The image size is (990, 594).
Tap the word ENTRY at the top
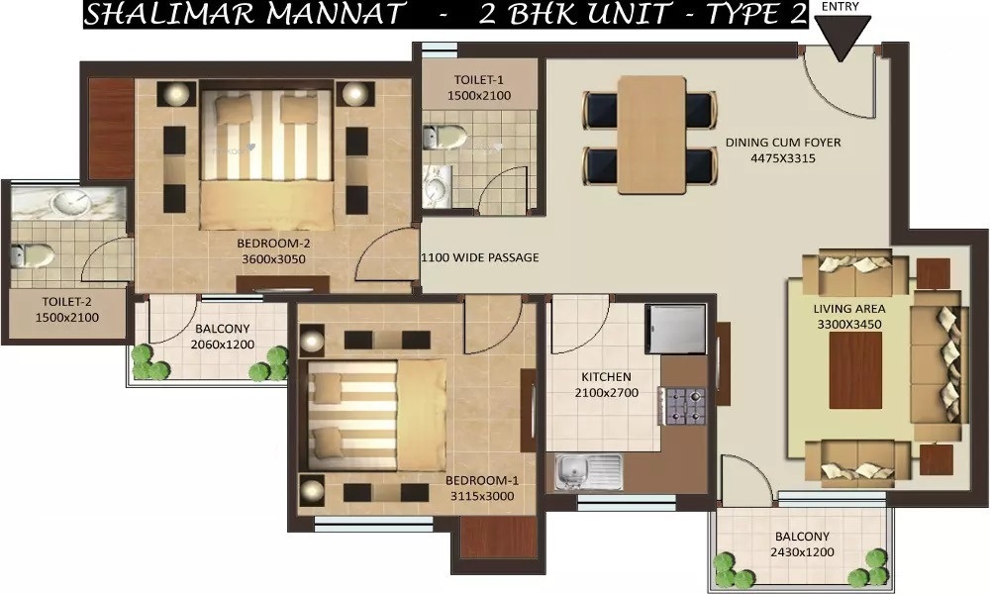(841, 6)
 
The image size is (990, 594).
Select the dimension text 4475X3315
(783, 158)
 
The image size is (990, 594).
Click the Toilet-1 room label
(479, 80)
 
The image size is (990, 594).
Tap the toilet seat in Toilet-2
(33, 255)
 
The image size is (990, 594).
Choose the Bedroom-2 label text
(273, 243)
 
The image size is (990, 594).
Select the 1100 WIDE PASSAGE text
(480, 257)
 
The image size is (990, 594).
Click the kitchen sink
(588, 471)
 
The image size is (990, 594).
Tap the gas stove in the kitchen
(682, 406)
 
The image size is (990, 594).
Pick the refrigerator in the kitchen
(675, 329)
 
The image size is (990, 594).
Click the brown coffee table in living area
(855, 370)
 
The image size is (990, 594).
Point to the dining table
(651, 135)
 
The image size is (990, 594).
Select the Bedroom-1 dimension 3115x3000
(482, 496)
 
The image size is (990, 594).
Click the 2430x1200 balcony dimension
(802, 552)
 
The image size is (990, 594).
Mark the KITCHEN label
(606, 377)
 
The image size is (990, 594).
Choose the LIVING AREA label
(849, 309)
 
